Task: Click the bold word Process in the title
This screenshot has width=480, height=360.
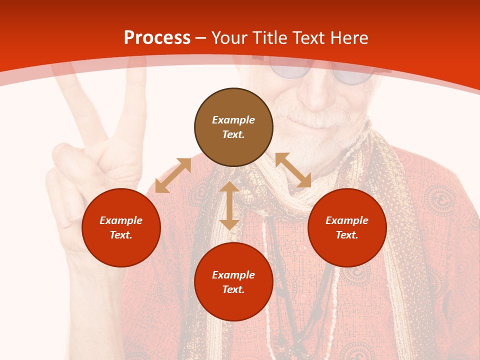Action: (157, 38)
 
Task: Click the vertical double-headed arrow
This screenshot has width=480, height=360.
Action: (229, 205)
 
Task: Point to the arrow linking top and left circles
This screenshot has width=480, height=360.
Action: (173, 175)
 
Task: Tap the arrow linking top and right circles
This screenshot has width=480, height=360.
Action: (293, 170)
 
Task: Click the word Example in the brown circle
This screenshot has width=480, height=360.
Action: (233, 120)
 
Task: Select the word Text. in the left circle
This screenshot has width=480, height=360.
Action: (121, 235)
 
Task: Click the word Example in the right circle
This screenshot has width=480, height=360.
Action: (347, 220)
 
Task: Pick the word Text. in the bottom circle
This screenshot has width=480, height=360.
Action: (233, 289)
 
